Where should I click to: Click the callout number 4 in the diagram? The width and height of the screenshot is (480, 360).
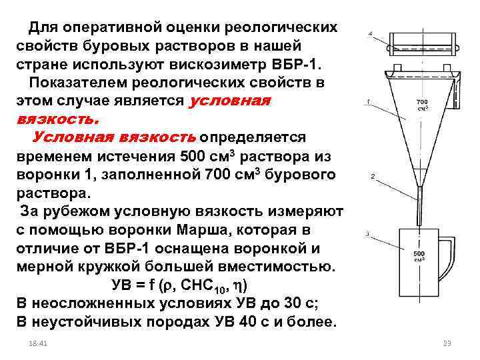pos(371,34)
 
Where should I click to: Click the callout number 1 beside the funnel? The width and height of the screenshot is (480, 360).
pos(368,101)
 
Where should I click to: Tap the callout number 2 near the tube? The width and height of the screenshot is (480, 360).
pos(373,176)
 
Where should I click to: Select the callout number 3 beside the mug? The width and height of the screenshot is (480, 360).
pos(367,234)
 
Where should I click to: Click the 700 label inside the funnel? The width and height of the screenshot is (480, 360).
pos(422,101)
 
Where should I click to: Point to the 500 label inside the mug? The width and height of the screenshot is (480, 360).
pos(419,253)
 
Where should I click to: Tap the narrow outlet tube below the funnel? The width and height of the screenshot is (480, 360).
pos(420,206)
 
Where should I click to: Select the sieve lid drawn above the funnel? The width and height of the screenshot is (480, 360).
pos(423,44)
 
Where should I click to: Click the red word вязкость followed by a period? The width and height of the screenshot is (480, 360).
pos(58,120)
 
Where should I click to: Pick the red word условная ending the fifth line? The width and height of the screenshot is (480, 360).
pos(229,101)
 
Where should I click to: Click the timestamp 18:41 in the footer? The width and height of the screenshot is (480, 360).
pos(37,343)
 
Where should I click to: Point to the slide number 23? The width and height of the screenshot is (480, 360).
pos(447,343)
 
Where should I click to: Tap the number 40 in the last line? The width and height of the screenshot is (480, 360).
pos(248,322)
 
